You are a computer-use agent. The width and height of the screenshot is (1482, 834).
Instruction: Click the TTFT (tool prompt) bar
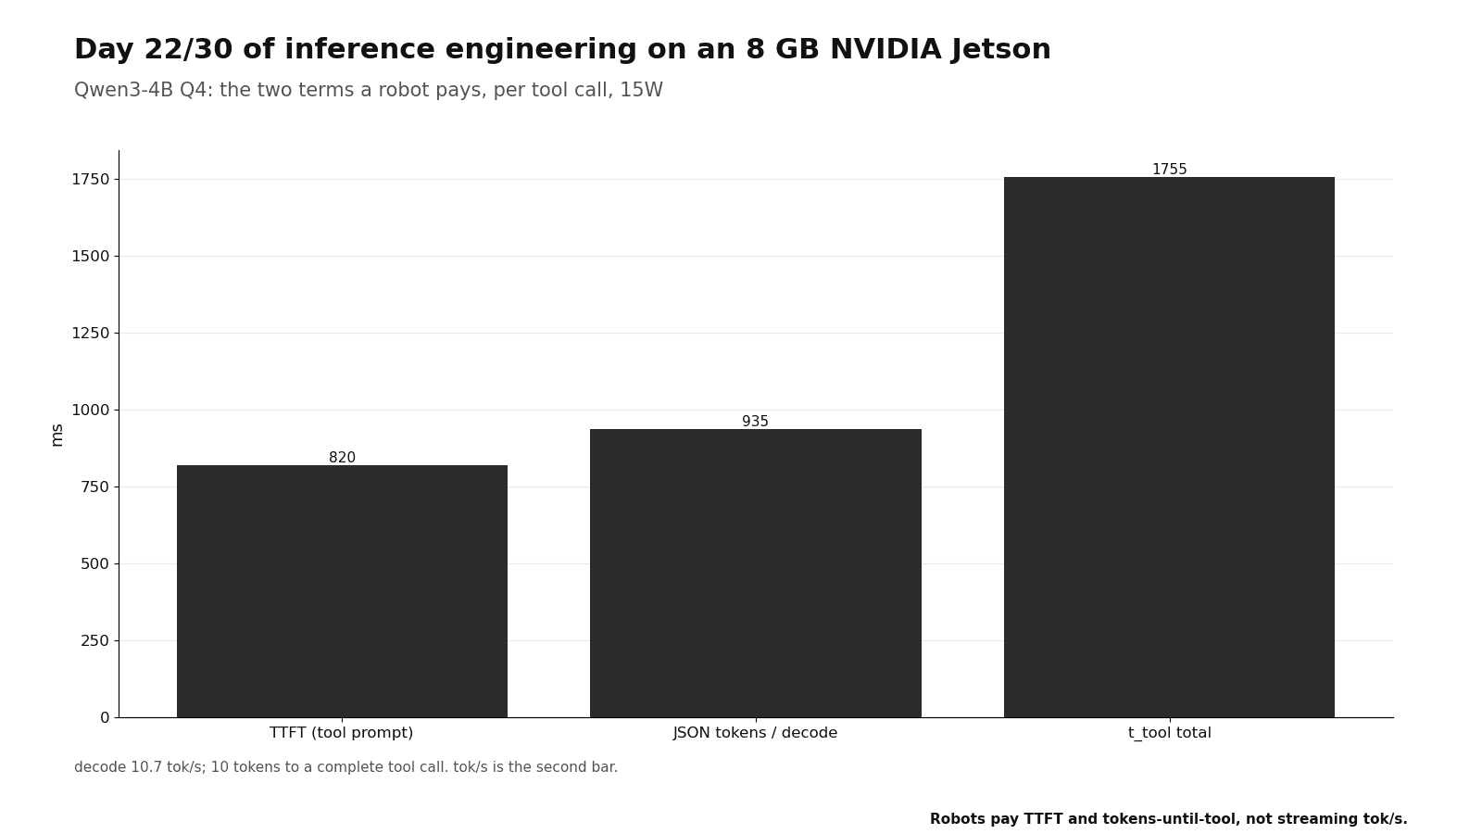click(342, 591)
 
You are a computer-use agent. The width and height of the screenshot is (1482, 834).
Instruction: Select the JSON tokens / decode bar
click(756, 574)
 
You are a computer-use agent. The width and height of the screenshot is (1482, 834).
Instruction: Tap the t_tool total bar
click(1169, 448)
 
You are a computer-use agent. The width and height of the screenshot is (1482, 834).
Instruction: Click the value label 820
click(342, 458)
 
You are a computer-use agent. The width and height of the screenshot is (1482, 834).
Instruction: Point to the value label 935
click(756, 421)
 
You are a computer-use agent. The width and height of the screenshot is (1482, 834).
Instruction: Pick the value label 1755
click(1170, 169)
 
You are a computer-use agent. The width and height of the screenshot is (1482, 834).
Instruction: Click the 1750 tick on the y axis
click(91, 180)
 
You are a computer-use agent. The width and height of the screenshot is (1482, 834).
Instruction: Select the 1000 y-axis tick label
click(91, 410)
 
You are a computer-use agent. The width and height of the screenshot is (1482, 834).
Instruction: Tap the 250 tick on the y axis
click(94, 640)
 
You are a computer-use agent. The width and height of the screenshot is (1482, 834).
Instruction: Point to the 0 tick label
click(105, 717)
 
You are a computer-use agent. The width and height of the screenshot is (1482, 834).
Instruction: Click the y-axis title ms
click(57, 435)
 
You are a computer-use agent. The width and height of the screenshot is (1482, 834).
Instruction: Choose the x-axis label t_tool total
click(1170, 733)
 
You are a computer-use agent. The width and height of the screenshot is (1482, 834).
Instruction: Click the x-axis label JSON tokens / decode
click(756, 733)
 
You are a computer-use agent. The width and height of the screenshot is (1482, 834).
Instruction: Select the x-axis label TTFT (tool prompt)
click(342, 733)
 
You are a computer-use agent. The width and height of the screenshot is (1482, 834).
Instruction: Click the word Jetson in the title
click(1001, 50)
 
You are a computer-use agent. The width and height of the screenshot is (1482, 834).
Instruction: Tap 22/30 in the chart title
click(189, 50)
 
